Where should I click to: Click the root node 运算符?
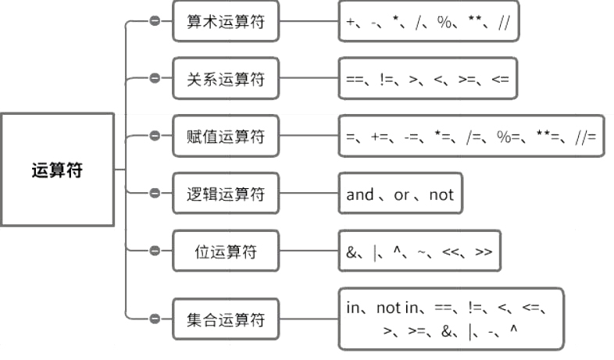57,169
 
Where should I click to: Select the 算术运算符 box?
226,22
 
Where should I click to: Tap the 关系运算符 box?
226,79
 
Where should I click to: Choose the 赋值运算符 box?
226,137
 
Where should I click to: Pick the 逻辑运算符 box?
226,194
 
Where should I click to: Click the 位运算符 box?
226,251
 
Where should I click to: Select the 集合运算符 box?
226,319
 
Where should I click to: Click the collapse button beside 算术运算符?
155,21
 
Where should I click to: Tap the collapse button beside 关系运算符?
155,78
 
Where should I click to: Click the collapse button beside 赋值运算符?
155,136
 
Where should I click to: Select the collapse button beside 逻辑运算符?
155,193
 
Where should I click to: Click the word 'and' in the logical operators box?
359,194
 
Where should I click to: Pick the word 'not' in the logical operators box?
441,194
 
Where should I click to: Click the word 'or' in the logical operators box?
402,194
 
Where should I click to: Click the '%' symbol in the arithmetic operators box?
445,23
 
